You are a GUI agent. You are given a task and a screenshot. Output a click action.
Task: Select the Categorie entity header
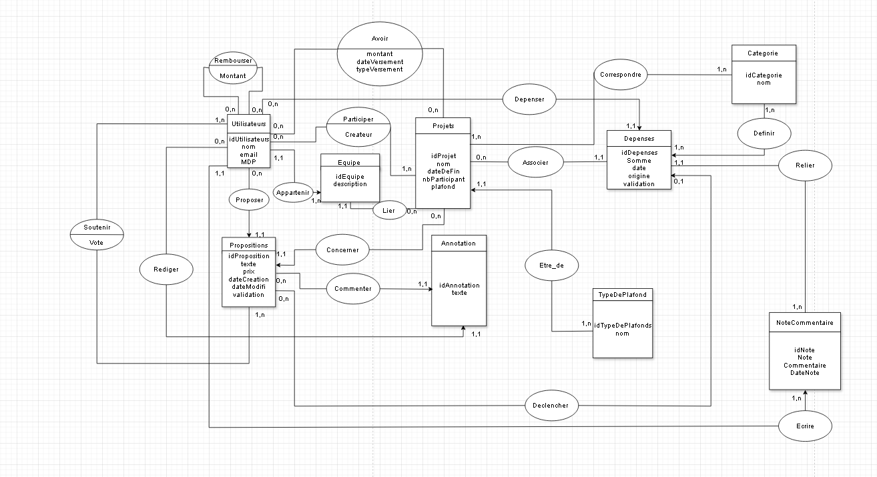[x=764, y=53]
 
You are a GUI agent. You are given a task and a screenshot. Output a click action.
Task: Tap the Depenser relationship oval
[x=529, y=99]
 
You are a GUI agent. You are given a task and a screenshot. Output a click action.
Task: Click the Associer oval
[x=535, y=162]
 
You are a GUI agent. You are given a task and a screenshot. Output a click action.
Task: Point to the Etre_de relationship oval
[x=551, y=265]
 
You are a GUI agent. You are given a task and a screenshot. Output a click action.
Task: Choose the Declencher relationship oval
[x=551, y=405]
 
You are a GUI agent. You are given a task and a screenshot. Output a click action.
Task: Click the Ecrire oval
[x=806, y=425]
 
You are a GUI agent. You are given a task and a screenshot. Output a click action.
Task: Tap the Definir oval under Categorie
[x=764, y=133]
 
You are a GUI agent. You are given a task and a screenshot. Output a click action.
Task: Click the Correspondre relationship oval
[x=621, y=75]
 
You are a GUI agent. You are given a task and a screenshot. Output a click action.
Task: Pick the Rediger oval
[x=167, y=269]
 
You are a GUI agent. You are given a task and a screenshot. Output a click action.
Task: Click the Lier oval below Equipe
[x=389, y=211]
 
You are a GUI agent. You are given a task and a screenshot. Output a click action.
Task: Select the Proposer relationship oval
[x=248, y=199]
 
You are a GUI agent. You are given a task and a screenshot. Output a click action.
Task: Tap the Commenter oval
[x=352, y=289]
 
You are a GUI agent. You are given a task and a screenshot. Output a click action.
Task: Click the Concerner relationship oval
[x=342, y=250]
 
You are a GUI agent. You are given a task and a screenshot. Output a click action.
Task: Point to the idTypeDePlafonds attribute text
[x=623, y=326]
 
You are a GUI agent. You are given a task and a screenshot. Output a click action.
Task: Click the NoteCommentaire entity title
[x=804, y=322]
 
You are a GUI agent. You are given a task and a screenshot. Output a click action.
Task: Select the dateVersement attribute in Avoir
[x=380, y=61]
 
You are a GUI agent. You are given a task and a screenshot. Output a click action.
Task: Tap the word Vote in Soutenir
[x=97, y=243]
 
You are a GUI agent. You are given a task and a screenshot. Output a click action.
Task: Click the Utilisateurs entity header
[x=248, y=124]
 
